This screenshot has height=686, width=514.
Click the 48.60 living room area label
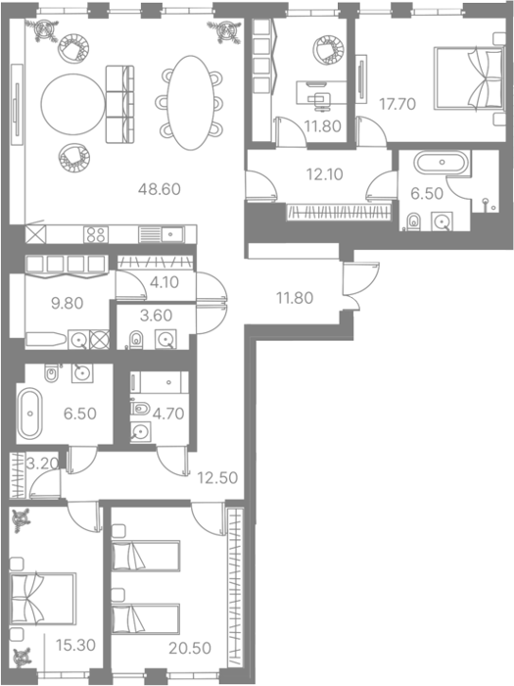click(159, 189)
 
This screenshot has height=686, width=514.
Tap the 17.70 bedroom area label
click(397, 104)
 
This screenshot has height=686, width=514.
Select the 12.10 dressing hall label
click(325, 174)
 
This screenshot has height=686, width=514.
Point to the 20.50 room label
click(190, 648)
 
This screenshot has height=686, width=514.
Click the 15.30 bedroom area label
click(75, 645)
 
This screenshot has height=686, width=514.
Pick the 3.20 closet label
click(42, 464)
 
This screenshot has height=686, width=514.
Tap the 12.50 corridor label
click(217, 477)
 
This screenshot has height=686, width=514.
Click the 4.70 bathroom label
click(168, 414)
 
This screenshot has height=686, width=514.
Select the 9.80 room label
click(67, 303)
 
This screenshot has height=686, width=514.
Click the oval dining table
click(190, 103)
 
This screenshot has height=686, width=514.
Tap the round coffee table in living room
click(73, 104)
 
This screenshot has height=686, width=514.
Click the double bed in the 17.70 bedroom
click(468, 77)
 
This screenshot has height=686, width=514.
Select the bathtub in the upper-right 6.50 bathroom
click(441, 163)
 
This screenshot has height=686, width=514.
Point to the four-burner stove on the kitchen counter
click(96, 234)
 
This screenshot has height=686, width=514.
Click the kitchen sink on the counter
click(172, 234)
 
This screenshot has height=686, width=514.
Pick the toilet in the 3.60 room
click(136, 339)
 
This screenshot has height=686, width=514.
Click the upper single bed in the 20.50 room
click(146, 556)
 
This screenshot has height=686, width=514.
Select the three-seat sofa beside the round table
click(119, 104)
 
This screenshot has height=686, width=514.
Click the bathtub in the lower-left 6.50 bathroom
click(29, 413)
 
